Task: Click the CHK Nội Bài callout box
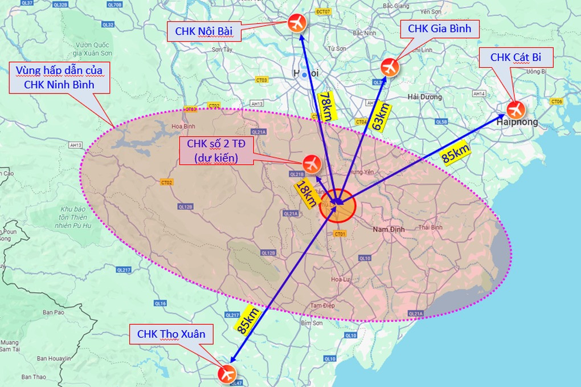point(204,31)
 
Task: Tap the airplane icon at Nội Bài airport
point(297,23)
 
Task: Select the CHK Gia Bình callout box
point(440,28)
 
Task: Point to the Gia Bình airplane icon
point(390,67)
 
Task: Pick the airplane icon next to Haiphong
point(515,108)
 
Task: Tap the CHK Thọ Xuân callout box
point(170,334)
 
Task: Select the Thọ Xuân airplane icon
point(227,374)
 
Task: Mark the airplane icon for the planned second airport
point(312,163)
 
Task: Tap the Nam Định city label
point(388,229)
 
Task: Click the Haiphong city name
point(517,123)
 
